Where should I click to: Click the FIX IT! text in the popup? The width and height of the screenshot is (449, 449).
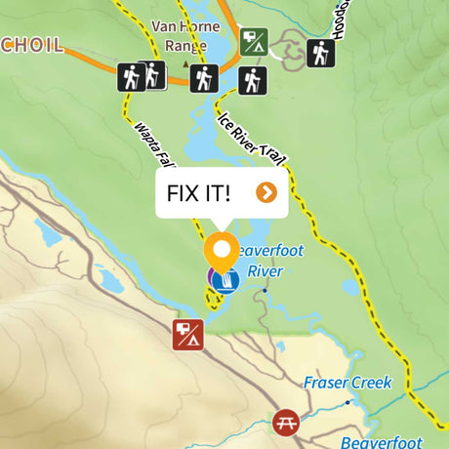coord(199,192)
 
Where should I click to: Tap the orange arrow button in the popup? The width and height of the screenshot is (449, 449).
coord(265,192)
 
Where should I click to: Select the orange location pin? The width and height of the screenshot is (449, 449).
coord(222,252)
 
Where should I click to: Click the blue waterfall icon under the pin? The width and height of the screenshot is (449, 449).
coord(226,281)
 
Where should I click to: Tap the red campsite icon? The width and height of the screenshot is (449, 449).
coord(186,335)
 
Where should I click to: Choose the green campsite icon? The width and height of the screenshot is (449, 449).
coord(254,42)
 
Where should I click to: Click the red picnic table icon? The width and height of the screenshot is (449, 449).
coord(286,423)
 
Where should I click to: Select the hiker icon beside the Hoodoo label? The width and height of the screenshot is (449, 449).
coord(320,53)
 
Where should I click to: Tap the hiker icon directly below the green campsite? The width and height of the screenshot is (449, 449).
coord(253,80)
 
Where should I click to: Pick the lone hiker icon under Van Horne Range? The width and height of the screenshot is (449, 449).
coord(203,77)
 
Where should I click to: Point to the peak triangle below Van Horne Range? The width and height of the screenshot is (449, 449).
coord(185,64)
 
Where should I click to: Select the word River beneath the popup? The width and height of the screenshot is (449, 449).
coord(264,270)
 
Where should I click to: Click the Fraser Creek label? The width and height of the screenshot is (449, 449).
coord(347,383)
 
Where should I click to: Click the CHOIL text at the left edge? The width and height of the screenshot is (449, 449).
coord(31,45)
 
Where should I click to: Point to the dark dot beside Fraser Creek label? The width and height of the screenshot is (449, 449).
coord(347,401)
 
